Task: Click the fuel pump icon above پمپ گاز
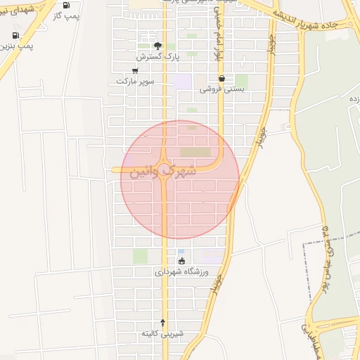point(66,5)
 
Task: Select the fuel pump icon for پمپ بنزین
point(15,35)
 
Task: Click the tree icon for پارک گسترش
point(157,44)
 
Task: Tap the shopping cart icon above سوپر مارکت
point(135,70)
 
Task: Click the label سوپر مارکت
point(135,81)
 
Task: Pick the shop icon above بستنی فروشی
point(221,78)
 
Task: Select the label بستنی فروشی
point(221,89)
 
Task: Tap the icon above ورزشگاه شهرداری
point(182,262)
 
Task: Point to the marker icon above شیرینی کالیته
point(163,322)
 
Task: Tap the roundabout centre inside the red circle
point(165,169)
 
